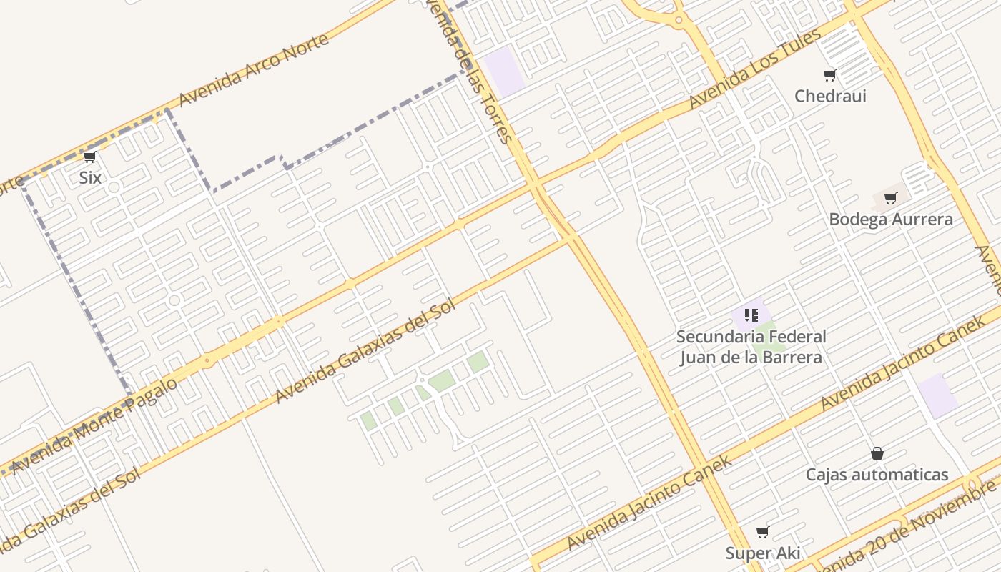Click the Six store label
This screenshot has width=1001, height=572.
[90, 177]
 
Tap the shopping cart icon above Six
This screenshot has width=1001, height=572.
[90, 157]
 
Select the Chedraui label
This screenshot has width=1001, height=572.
[830, 96]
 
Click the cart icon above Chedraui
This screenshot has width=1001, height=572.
[830, 75]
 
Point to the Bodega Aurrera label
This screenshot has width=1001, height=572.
[891, 220]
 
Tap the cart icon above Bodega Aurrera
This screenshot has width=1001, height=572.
[891, 199]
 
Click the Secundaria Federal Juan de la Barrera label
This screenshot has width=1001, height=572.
[751, 347]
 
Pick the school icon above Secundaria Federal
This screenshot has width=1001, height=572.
[751, 315]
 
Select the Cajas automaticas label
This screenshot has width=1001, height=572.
[877, 475]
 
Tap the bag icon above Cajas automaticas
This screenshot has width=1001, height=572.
[877, 453]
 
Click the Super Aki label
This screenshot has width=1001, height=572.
[763, 553]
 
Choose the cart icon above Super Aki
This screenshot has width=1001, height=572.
[763, 532]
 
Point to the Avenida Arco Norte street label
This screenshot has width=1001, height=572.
[254, 69]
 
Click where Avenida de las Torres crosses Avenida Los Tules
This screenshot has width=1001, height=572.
[536, 186]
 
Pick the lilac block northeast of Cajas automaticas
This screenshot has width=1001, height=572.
[937, 395]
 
